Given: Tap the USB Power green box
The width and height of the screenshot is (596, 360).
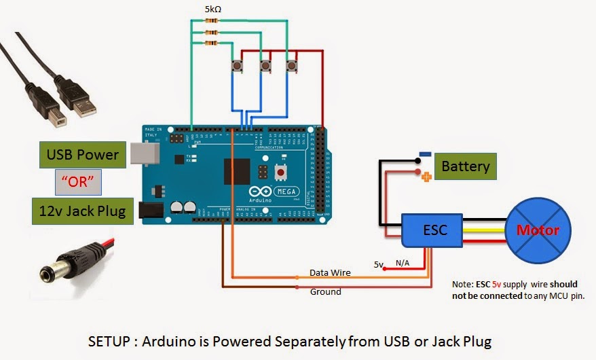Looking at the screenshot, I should (83, 155).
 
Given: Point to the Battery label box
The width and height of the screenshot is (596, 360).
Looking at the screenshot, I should (465, 166).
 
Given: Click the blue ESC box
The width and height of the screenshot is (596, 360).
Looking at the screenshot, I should (434, 230).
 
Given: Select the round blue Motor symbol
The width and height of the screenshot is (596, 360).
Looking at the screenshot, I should (538, 230).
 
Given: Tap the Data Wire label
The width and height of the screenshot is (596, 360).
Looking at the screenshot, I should (330, 272).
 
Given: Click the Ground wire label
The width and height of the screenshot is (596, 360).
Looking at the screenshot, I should (326, 292).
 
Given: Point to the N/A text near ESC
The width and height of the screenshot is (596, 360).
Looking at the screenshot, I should (403, 263).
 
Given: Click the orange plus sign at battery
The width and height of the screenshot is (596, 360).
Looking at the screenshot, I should (426, 177).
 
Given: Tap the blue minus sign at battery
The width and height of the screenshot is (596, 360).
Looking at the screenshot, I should (424, 154).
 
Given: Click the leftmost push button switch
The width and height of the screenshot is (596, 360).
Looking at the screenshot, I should (239, 66).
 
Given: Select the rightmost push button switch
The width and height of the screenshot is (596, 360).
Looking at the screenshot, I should (293, 66).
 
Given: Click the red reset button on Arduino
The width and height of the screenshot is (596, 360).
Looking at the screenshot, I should (280, 173).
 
